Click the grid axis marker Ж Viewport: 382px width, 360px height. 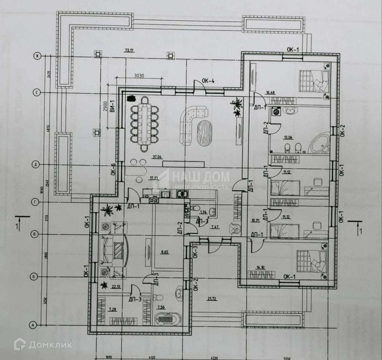[x=36, y=56]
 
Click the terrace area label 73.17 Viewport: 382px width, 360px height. [x=129, y=50]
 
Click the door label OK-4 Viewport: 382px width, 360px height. [x=209, y=81]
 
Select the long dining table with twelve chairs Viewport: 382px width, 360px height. [x=145, y=123]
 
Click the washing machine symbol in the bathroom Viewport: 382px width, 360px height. [x=276, y=112]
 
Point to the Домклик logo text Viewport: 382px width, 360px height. [x=50, y=344]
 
